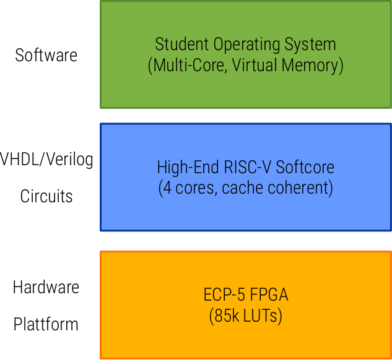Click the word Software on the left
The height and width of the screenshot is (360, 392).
coord(46,55)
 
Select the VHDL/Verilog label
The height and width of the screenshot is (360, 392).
coord(47,160)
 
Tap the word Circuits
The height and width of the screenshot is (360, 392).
coord(46,197)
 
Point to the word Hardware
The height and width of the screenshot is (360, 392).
coord(46,288)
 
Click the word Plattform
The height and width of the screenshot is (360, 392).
coord(46,324)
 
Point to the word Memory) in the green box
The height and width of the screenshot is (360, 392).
coord(312,66)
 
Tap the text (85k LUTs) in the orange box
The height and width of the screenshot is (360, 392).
coord(246,316)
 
